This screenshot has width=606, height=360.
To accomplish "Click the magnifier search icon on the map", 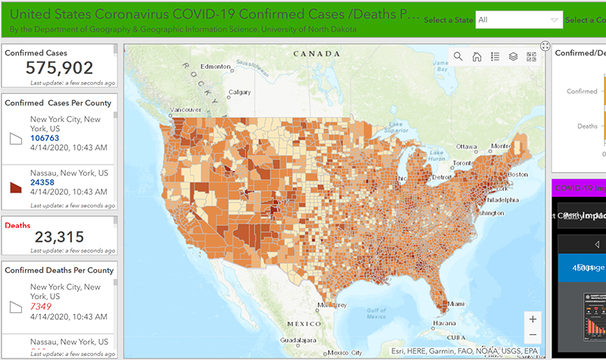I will tap(458, 56).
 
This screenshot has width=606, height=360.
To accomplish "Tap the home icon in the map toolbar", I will tap(476, 56).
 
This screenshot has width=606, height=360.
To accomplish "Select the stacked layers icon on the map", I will tap(513, 56).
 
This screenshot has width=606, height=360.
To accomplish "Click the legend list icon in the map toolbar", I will tap(495, 56).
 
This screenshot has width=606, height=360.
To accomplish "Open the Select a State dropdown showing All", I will tap(519, 20).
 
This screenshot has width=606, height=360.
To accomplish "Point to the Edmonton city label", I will tap(216, 66).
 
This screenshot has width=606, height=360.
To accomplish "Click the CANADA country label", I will tap(317, 54).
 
